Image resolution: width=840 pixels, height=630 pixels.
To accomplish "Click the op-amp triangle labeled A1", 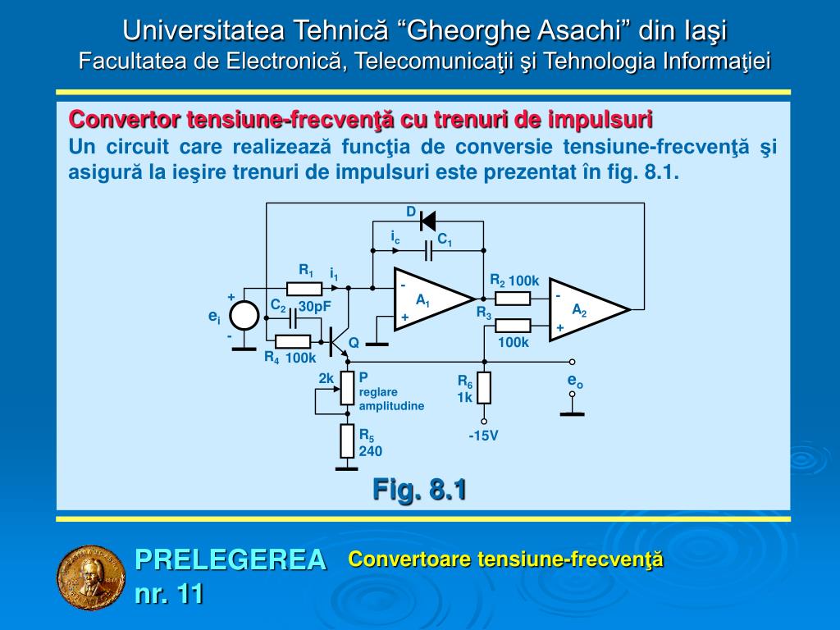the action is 428,299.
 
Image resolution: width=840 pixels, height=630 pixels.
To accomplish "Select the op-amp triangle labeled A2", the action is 584,308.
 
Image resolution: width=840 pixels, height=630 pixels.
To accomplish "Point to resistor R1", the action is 304,288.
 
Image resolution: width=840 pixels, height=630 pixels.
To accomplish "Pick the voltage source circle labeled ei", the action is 244,316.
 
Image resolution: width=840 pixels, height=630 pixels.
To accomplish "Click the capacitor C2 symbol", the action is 291,318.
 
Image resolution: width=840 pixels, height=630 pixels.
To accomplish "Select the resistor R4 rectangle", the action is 293,342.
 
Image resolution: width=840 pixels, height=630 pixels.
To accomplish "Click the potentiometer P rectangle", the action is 347,388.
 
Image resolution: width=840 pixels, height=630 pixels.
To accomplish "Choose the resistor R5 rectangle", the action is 347,442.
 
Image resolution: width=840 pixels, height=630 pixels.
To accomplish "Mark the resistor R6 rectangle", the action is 484,387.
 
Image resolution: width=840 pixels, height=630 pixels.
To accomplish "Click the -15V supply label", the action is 484,436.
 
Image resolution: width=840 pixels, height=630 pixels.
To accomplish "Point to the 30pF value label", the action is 314,307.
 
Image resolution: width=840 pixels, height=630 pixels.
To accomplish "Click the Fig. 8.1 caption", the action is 419,490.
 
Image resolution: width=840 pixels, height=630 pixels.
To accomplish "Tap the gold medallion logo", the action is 89,577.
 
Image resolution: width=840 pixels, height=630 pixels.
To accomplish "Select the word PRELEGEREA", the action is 231,559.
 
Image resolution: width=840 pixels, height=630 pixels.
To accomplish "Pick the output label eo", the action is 574,381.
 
